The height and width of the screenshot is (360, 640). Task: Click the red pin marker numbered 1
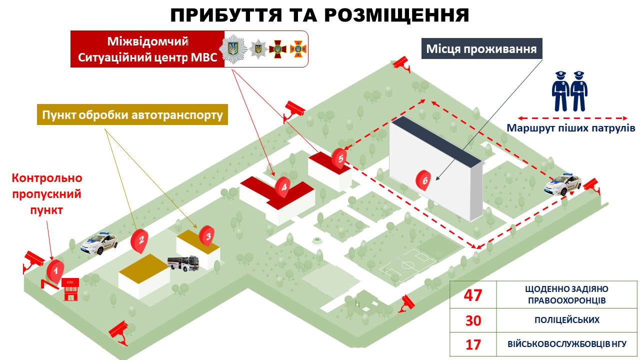(55, 270)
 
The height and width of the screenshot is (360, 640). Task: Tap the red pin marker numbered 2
(139, 240)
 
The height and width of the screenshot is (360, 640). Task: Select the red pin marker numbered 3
(207, 236)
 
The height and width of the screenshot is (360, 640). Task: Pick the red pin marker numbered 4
(283, 187)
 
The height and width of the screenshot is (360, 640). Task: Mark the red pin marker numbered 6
(423, 180)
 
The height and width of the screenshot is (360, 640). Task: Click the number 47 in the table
(473, 295)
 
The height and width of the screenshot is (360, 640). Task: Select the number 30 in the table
(473, 320)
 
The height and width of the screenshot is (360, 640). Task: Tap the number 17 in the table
(473, 344)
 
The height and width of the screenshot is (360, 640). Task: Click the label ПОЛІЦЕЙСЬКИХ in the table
(567, 320)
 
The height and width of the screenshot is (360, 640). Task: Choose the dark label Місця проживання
(481, 48)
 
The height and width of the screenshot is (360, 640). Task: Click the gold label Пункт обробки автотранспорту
(132, 114)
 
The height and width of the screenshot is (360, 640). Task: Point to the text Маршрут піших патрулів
(571, 127)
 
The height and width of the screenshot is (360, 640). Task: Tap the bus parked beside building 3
(183, 263)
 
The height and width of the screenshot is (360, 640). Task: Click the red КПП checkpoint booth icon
(70, 289)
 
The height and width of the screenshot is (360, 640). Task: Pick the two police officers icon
(569, 91)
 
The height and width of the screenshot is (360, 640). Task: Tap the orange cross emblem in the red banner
(298, 49)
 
